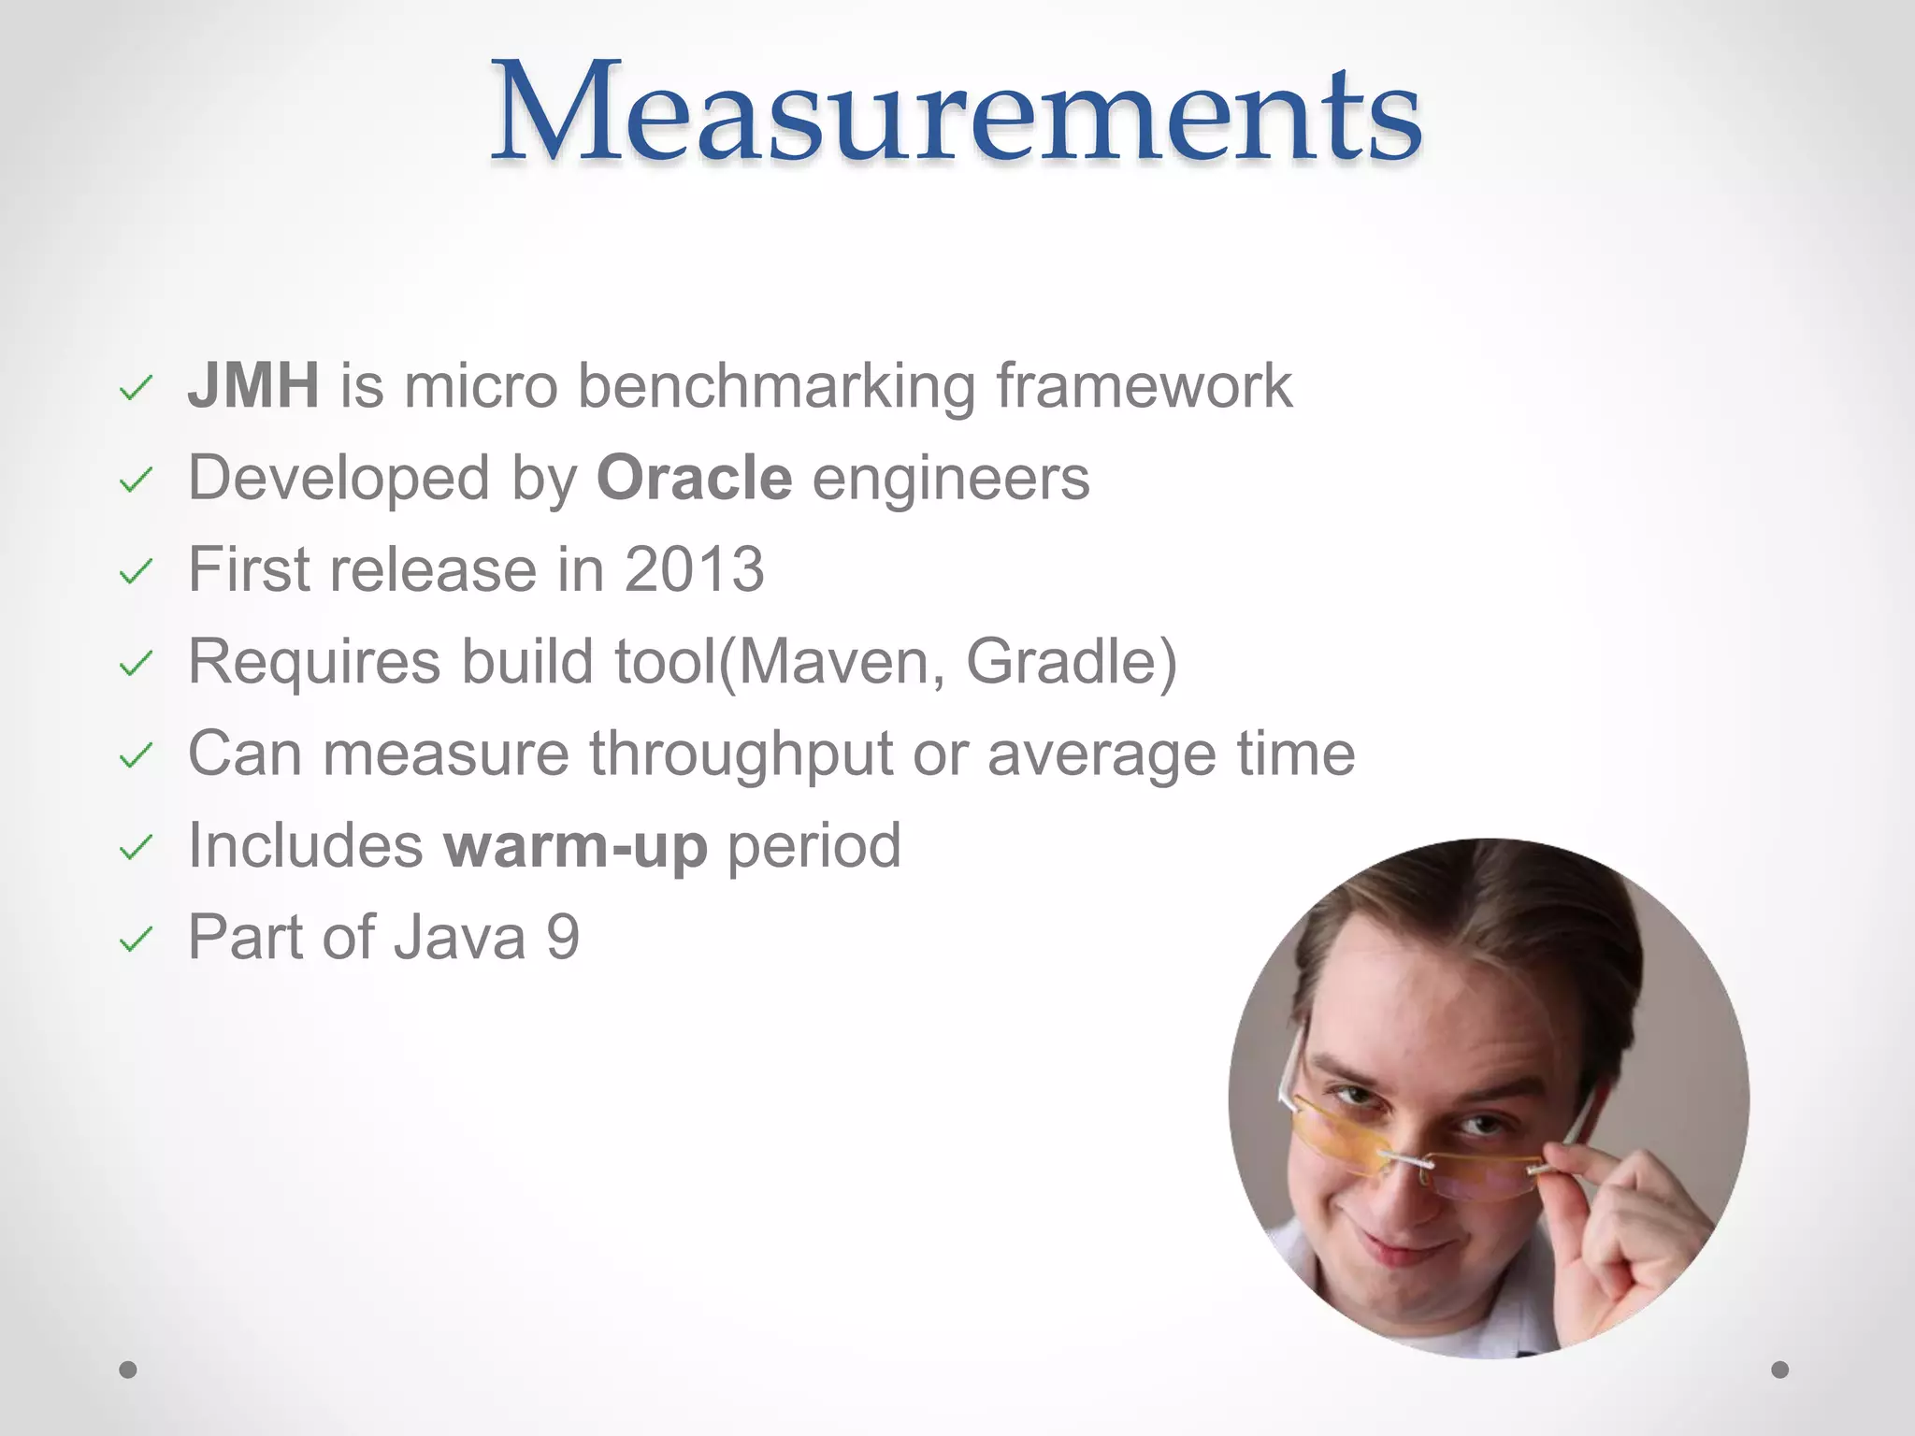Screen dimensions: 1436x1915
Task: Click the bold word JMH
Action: [253, 386]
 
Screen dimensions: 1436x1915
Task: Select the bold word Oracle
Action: [694, 478]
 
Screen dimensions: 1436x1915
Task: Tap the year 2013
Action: [694, 569]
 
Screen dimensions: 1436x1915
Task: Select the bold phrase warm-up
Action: [575, 846]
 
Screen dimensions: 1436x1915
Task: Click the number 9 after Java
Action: [563, 938]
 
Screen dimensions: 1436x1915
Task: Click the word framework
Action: [1143, 386]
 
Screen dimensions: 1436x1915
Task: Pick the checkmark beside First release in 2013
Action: [136, 571]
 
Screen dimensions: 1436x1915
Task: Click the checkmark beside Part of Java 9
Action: [136, 939]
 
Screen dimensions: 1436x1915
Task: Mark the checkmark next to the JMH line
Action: [136, 388]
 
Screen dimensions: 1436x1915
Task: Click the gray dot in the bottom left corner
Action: [128, 1370]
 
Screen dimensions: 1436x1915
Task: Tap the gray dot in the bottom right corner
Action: [1779, 1370]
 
